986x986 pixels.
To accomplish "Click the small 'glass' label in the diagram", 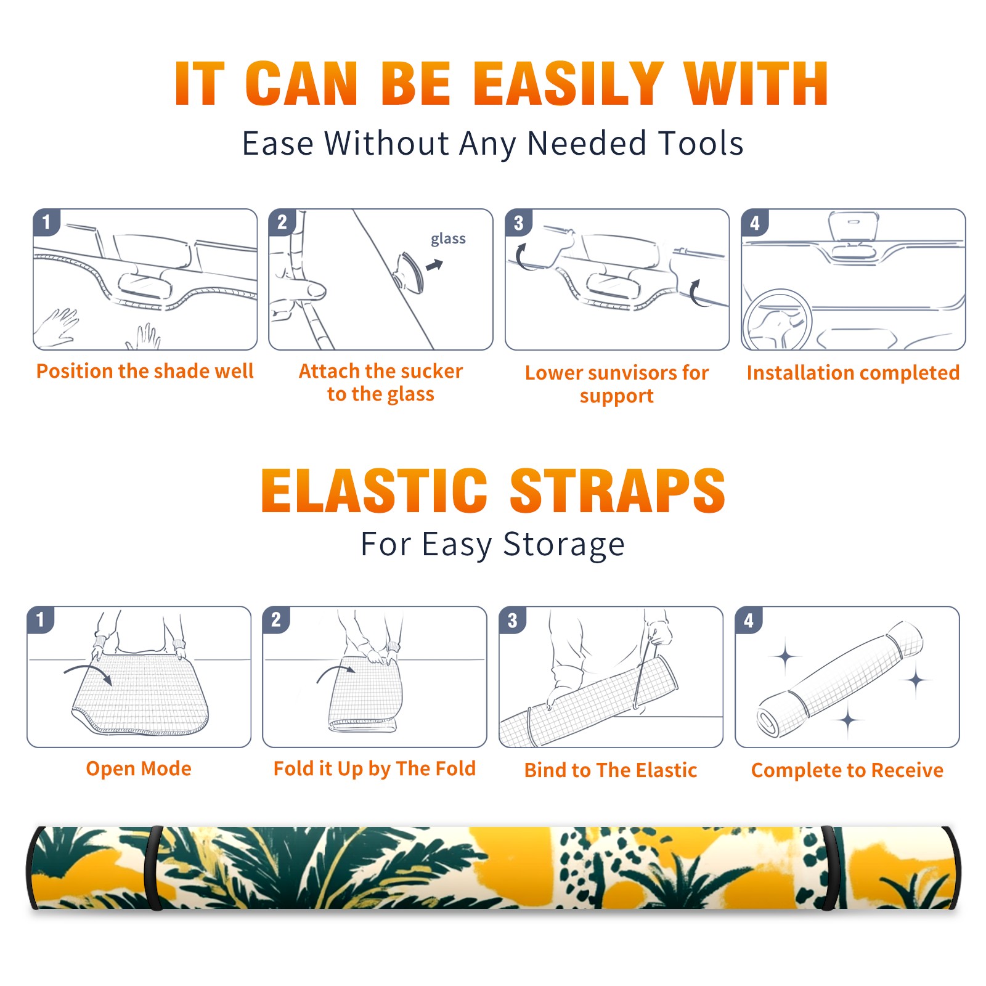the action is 448,238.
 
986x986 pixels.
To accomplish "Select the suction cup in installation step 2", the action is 409,272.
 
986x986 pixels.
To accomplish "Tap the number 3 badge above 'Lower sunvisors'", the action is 518,222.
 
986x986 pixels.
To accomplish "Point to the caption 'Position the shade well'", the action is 145,371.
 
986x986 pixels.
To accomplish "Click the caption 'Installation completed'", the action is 853,372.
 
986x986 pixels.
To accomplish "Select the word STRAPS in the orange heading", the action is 617,491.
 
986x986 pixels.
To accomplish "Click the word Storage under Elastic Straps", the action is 564,544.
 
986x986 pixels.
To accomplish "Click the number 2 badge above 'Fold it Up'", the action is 275,619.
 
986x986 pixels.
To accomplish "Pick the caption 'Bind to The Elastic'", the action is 610,770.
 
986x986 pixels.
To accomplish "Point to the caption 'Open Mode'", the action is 139,768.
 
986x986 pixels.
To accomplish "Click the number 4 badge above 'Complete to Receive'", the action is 748,619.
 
